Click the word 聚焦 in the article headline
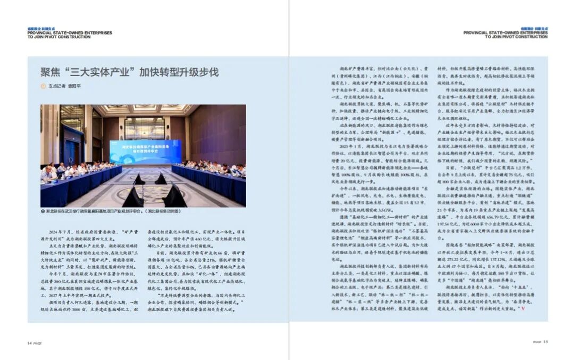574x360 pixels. coord(52,72)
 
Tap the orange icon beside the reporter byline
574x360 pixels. coord(44,86)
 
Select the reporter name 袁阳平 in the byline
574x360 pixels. coord(73,86)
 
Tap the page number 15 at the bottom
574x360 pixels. coord(545,342)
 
